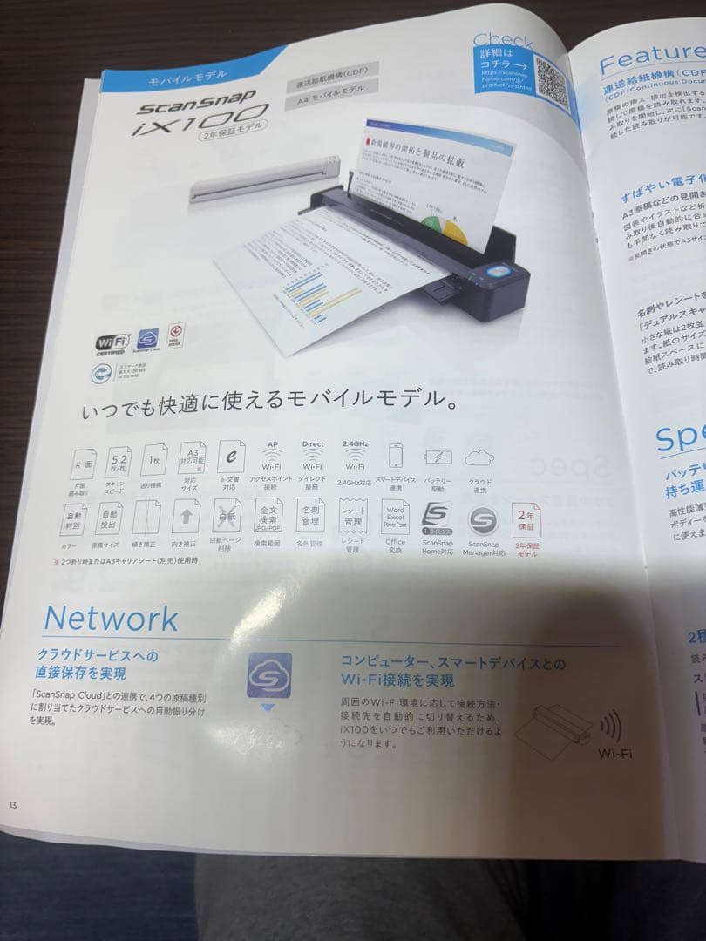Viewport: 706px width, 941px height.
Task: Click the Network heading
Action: pyautogui.click(x=111, y=618)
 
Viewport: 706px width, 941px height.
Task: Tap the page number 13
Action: pyautogui.click(x=13, y=803)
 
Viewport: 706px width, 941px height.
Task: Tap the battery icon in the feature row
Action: pyautogui.click(x=438, y=457)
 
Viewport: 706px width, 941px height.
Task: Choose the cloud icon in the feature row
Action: pyautogui.click(x=480, y=457)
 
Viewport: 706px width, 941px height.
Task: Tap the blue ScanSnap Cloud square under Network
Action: pyautogui.click(x=268, y=675)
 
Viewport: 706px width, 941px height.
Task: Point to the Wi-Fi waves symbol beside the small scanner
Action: pyautogui.click(x=609, y=723)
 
